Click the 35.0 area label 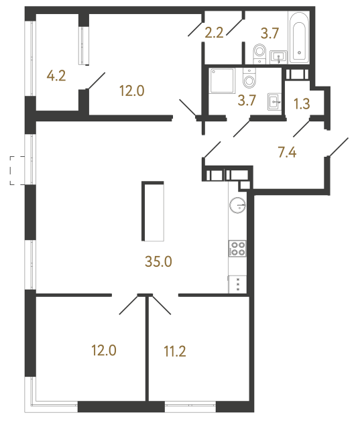(x=159, y=261)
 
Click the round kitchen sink (x=237, y=205)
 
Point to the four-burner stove (x=237, y=249)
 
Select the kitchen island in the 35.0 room (x=153, y=211)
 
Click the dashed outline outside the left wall (x=15, y=170)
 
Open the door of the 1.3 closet (x=301, y=125)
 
